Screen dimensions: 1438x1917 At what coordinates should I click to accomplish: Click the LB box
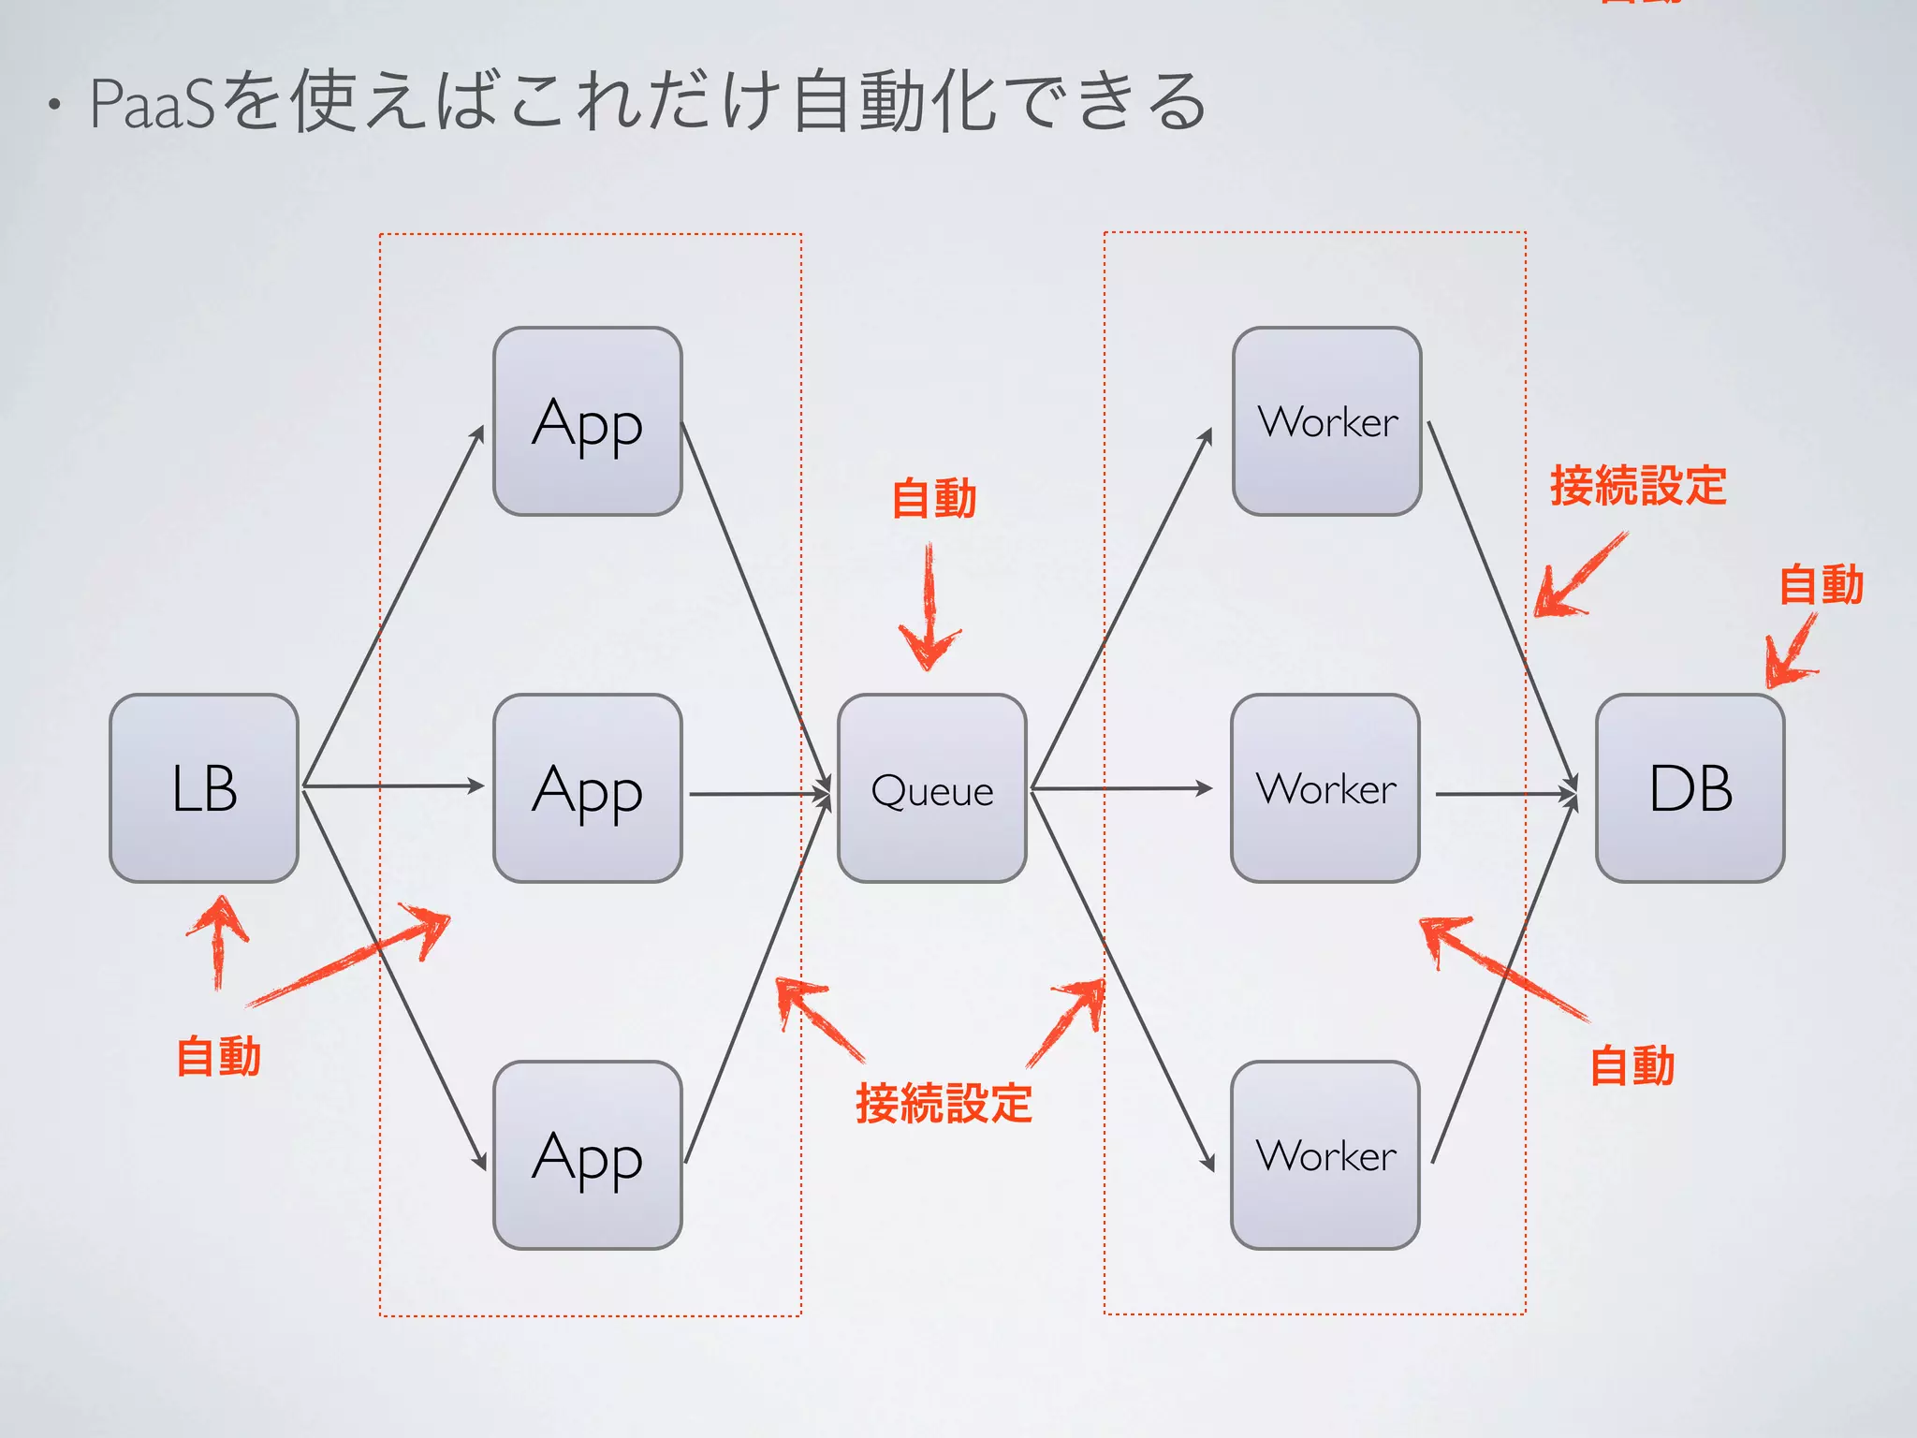(x=204, y=788)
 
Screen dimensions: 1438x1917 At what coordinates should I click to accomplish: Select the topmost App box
(x=587, y=421)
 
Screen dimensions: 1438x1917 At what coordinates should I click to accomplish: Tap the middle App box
(x=587, y=788)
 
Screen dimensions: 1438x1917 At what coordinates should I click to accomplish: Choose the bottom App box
(x=587, y=1155)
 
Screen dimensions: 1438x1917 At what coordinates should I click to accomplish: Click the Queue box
(x=932, y=788)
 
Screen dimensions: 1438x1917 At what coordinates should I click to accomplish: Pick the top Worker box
(x=1326, y=421)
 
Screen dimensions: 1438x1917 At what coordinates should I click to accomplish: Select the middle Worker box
(x=1325, y=788)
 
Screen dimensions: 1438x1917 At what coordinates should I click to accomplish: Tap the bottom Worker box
(x=1325, y=1155)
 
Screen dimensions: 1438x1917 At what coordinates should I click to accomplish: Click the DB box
(x=1690, y=788)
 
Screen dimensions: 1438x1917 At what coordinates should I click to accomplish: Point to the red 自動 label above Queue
(x=934, y=498)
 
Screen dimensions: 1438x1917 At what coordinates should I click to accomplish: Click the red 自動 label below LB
(x=218, y=1056)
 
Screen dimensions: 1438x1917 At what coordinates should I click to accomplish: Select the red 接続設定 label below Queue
(x=944, y=1103)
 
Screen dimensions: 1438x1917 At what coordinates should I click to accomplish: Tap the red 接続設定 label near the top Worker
(x=1638, y=485)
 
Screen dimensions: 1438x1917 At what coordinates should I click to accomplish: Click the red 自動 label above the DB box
(x=1821, y=584)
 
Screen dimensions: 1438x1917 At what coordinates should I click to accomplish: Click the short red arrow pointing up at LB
(x=218, y=941)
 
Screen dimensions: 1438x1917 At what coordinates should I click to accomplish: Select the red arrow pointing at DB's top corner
(x=1790, y=652)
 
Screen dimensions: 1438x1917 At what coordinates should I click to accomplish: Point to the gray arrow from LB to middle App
(x=393, y=786)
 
